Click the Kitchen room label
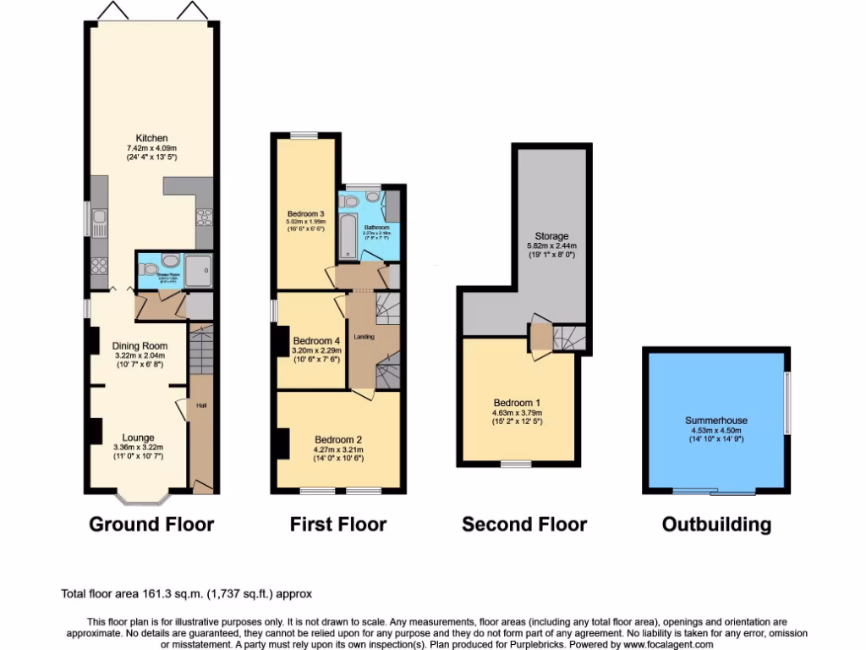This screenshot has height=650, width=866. (152, 138)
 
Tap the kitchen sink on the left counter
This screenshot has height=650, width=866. (98, 221)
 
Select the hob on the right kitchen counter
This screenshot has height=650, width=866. (204, 218)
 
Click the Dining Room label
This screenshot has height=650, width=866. (140, 345)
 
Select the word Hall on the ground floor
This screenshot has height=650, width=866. (202, 405)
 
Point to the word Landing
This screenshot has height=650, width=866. (364, 336)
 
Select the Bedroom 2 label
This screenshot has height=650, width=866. (338, 439)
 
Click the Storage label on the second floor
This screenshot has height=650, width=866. (551, 236)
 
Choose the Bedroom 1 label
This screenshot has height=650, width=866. (515, 402)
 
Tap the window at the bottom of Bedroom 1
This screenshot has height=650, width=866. (515, 464)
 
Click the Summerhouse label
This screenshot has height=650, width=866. (716, 420)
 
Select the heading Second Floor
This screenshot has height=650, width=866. (524, 525)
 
